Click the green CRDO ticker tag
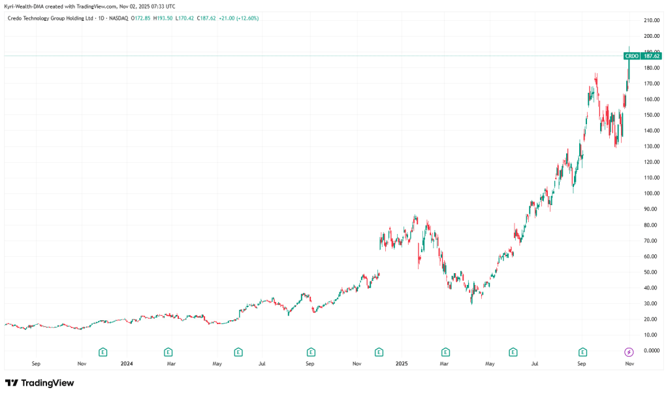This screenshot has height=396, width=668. point(631,56)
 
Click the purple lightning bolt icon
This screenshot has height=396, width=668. point(629,352)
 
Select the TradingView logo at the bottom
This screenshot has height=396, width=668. point(39,383)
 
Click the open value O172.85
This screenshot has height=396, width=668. point(142,18)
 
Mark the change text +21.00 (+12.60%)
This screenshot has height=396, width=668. point(241,18)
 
